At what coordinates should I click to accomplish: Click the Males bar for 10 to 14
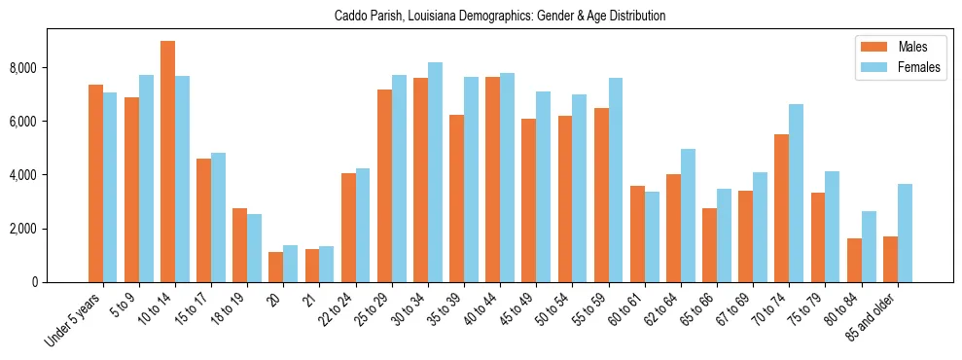(x=168, y=162)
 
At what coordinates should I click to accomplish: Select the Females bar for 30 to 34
(x=435, y=172)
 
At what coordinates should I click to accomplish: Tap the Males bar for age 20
(x=276, y=267)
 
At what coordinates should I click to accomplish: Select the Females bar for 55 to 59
(x=616, y=180)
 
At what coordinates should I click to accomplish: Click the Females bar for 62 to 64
(x=688, y=215)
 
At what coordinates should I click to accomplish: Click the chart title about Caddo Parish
(x=500, y=17)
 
